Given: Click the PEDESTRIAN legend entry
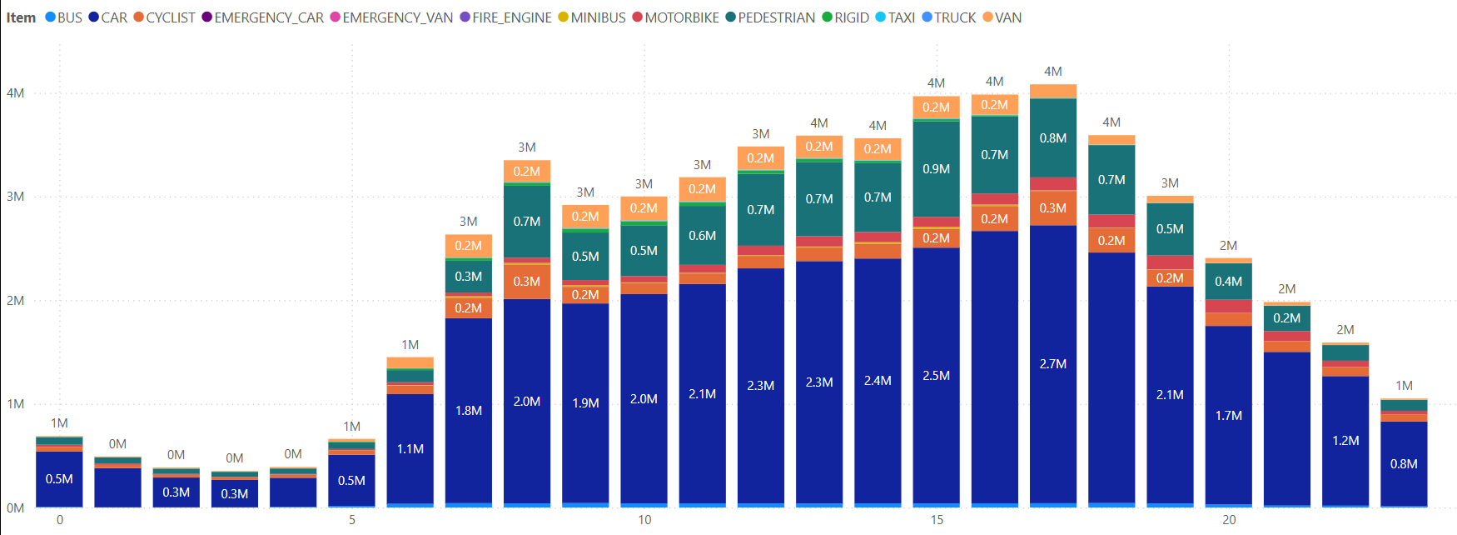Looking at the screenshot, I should pyautogui.click(x=776, y=17).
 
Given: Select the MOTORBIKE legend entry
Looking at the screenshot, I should pyautogui.click(x=681, y=17).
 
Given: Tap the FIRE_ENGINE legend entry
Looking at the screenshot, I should pyautogui.click(x=511, y=17).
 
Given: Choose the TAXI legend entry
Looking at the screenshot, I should pyautogui.click(x=901, y=17).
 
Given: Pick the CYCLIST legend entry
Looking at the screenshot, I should pyautogui.click(x=170, y=17).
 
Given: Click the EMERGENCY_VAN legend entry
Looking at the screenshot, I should pyautogui.click(x=397, y=17).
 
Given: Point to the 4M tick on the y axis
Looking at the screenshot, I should pyautogui.click(x=15, y=93).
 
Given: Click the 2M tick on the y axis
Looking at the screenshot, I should pyautogui.click(x=15, y=301).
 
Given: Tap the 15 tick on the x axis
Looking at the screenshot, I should pyautogui.click(x=937, y=520).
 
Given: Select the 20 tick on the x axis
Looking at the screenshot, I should pyautogui.click(x=1229, y=520).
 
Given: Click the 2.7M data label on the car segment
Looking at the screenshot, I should pyautogui.click(x=1053, y=364).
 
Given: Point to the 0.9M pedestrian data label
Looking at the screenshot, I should pyautogui.click(x=937, y=169).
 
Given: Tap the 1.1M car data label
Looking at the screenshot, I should pyautogui.click(x=410, y=449).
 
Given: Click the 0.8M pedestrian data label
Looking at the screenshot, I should pyautogui.click(x=1053, y=138).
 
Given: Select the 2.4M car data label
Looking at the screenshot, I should pyautogui.click(x=878, y=381).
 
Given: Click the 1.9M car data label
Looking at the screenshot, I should pyautogui.click(x=585, y=403).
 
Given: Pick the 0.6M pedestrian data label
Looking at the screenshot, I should pyautogui.click(x=702, y=236).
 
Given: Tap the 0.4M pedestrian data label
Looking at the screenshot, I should pyautogui.click(x=1228, y=282).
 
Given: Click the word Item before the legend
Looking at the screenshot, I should pyautogui.click(x=21, y=17).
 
